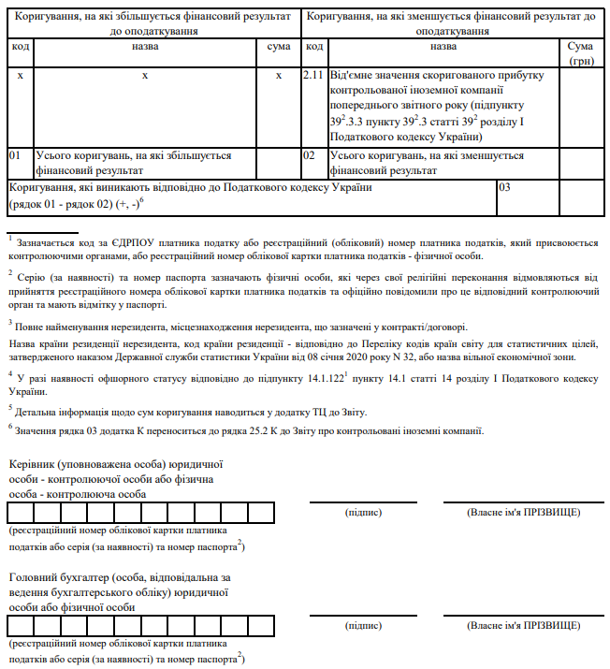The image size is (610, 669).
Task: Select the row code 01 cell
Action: [19, 163]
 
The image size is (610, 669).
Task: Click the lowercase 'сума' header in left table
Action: [279, 46]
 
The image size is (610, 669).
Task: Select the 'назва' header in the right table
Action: [443, 46]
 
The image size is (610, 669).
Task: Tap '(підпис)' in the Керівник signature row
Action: [364, 513]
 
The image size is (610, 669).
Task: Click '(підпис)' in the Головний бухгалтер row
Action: [364, 625]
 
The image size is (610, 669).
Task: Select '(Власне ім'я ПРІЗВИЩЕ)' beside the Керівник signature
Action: [523, 513]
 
